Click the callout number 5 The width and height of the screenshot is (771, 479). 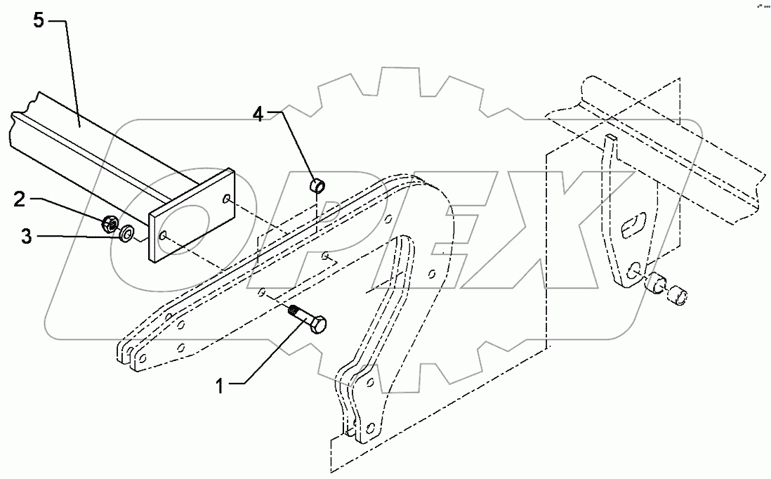39,21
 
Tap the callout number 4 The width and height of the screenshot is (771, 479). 259,114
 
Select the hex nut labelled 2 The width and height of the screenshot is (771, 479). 109,224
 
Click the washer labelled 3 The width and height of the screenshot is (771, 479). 128,232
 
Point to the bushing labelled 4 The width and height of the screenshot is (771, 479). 318,188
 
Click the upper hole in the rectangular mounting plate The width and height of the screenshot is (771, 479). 227,201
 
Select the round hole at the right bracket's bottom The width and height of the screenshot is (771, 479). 634,269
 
